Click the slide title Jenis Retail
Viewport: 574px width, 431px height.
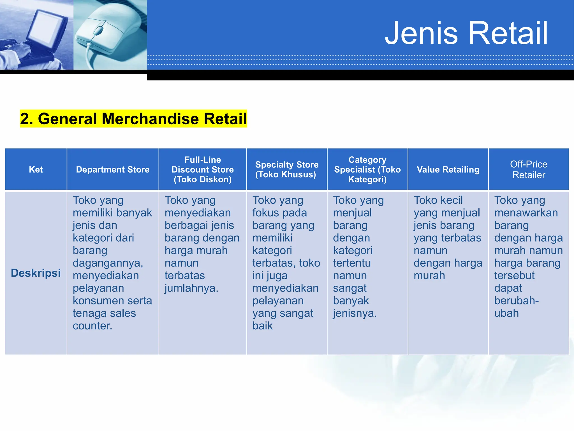pyautogui.click(x=466, y=33)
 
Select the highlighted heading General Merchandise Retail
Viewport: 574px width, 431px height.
pyautogui.click(x=133, y=119)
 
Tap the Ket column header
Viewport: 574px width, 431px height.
pyautogui.click(x=36, y=169)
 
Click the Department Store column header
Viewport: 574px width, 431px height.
pyautogui.click(x=113, y=169)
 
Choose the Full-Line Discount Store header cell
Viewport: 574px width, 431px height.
pyautogui.click(x=202, y=169)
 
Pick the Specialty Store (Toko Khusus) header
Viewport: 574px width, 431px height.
pyautogui.click(x=286, y=169)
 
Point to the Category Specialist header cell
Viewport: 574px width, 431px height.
pyautogui.click(x=367, y=169)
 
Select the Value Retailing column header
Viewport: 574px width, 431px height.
pyautogui.click(x=448, y=169)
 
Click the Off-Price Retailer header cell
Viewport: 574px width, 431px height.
pyautogui.click(x=528, y=169)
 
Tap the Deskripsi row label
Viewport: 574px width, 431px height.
pyautogui.click(x=36, y=273)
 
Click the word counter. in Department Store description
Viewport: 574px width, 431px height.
pyautogui.click(x=92, y=326)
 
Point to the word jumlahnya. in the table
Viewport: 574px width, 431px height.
pyautogui.click(x=191, y=288)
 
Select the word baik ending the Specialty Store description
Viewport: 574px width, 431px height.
pyautogui.click(x=262, y=326)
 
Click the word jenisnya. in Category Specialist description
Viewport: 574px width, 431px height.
pyautogui.click(x=355, y=313)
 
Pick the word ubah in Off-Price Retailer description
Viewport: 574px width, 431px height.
pyautogui.click(x=506, y=313)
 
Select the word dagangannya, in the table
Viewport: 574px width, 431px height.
pyautogui.click(x=108, y=263)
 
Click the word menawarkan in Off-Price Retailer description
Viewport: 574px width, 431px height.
pyautogui.click(x=526, y=213)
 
